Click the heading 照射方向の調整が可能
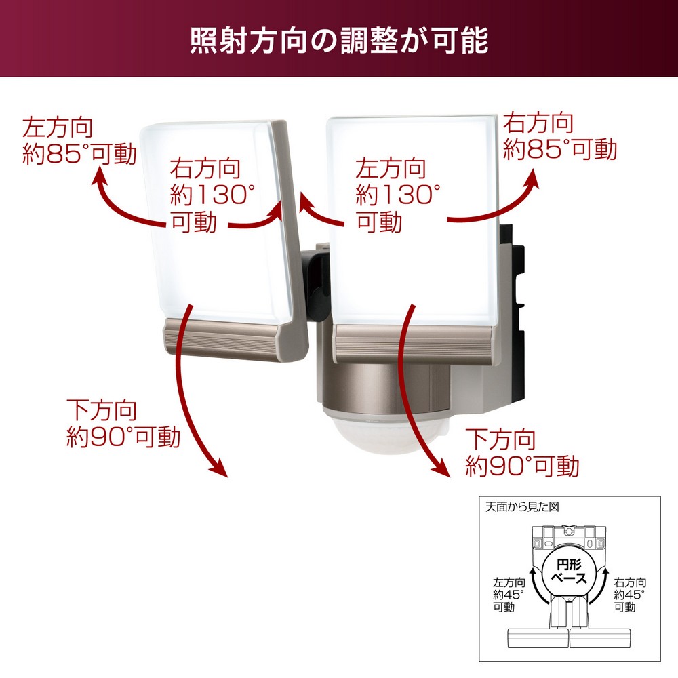tap(339, 41)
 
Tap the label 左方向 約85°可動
tap(79, 141)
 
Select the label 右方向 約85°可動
tap(559, 136)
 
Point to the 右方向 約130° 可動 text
tap(212, 195)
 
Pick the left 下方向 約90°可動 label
tap(123, 423)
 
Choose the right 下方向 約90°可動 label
tap(522, 452)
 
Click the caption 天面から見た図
tap(522, 506)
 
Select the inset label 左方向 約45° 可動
tap(509, 595)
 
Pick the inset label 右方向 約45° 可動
tap(630, 595)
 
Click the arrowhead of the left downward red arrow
tap(218, 469)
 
